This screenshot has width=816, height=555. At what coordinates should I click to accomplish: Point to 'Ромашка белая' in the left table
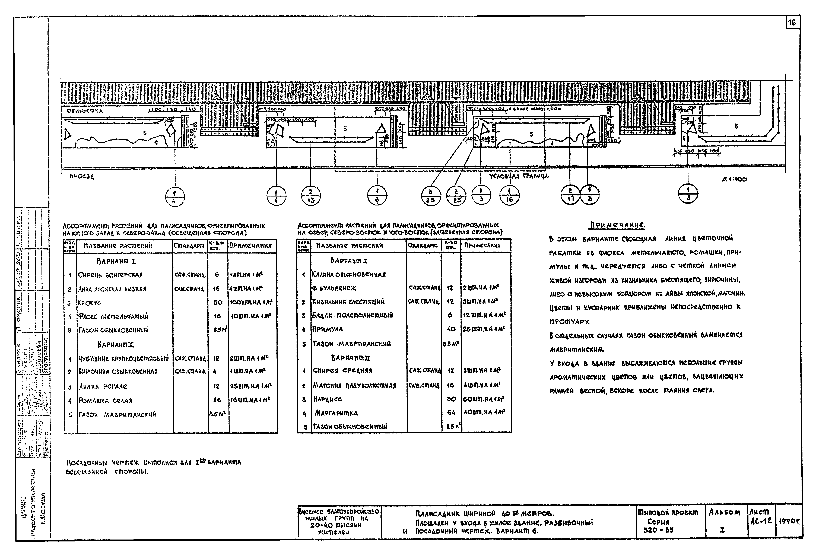tap(105, 401)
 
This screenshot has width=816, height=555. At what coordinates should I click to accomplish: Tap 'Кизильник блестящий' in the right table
tap(348, 302)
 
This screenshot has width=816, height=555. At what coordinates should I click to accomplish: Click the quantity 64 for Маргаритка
tap(451, 413)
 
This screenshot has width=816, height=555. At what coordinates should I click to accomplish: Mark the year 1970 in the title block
tap(789, 522)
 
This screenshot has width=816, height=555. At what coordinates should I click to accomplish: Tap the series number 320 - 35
tap(658, 530)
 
